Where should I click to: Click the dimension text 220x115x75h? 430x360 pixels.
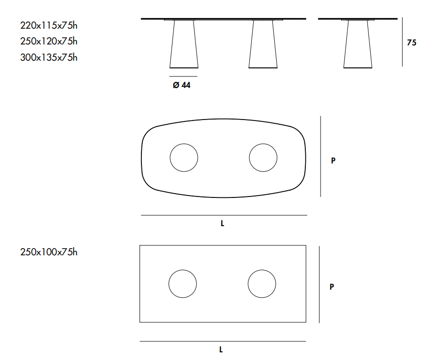49,25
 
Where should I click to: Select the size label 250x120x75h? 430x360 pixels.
49,41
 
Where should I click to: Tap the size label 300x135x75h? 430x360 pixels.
49,57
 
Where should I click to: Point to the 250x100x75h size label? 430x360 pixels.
49,252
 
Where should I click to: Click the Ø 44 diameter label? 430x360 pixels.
182,85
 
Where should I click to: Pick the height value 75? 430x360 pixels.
412,43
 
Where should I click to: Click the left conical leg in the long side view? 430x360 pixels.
184,44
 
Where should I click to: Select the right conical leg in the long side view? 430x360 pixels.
263,44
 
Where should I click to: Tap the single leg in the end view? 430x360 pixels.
358,44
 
